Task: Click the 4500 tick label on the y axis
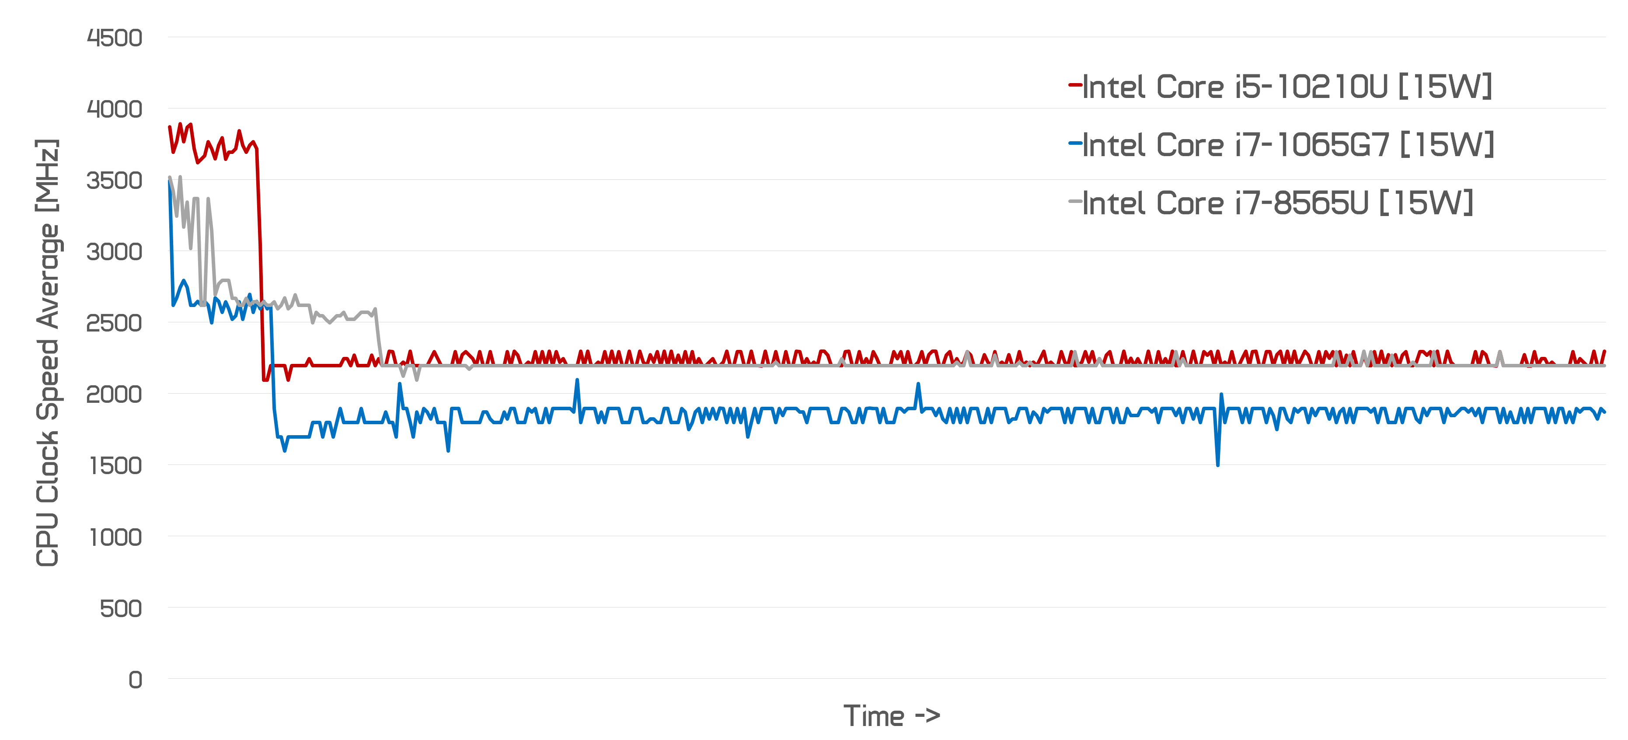[115, 38]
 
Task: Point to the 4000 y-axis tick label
[115, 109]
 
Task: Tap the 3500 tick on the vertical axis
[115, 181]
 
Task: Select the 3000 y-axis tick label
[115, 252]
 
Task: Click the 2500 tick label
[115, 324]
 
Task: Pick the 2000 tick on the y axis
[115, 394]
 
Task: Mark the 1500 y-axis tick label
[115, 466]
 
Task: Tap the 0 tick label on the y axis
[135, 680]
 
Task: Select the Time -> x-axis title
[891, 716]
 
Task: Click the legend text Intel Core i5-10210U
[1287, 87]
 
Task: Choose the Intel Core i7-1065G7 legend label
[1288, 145]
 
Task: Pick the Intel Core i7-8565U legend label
[1277, 203]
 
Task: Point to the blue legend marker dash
[1074, 143]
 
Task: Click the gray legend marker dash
[1074, 202]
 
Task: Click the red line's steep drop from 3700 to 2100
[260, 253]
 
